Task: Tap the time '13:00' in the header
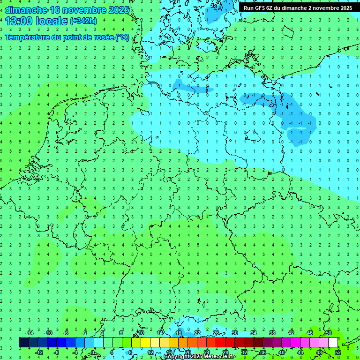pos(18,21)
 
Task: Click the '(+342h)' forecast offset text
pos(83,21)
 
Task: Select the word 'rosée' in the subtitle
pos(104,37)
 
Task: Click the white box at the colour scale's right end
pos(333,343)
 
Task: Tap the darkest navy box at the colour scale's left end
pos(23,343)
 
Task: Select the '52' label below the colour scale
pos(338,352)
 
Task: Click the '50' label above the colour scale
pos(329,333)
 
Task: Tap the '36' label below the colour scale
pos(263,352)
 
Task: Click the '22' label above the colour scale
pos(197,333)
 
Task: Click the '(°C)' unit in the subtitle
pos(122,37)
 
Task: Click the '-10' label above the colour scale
pos(48,333)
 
